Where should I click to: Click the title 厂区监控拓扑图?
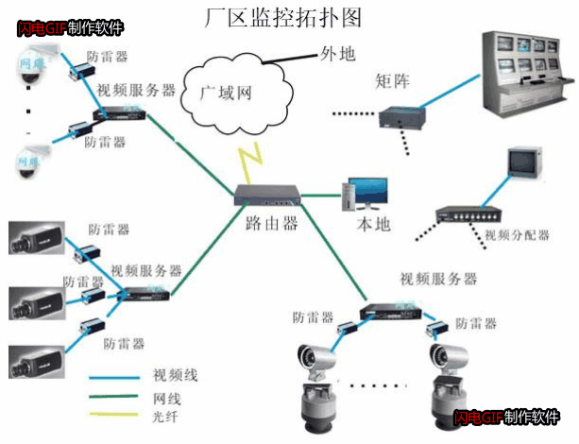click(282, 16)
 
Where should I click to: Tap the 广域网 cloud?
click(228, 93)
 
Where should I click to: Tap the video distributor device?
click(470, 215)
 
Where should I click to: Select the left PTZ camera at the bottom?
click(314, 386)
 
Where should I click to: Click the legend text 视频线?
click(176, 376)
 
